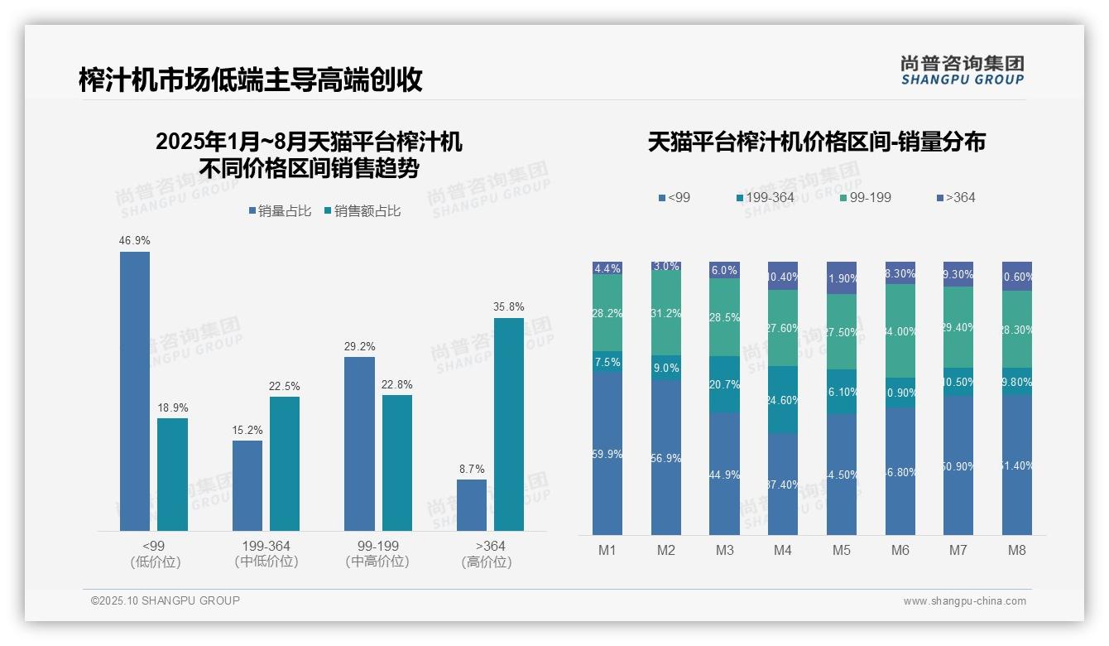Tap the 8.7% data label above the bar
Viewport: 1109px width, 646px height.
pos(472,469)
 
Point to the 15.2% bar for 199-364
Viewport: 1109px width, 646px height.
pos(247,485)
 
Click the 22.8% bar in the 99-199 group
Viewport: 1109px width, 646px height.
pos(397,462)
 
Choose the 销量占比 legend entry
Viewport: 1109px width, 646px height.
pos(280,211)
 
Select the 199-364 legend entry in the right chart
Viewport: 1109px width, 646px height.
pos(766,197)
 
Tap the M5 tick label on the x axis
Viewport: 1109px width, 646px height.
pos(842,550)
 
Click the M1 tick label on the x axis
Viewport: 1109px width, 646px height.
pos(607,550)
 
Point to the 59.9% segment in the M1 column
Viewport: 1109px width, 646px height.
pos(607,453)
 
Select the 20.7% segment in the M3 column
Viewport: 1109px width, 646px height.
pos(725,384)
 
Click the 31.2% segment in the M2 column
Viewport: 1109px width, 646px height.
pos(666,313)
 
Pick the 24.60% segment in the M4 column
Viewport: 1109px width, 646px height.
pos(783,399)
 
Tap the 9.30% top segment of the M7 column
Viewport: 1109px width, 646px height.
pos(958,274)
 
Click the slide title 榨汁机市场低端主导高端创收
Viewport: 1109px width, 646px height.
pos(250,80)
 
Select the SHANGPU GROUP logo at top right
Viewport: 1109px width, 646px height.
pos(962,70)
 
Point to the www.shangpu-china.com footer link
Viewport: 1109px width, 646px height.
pos(964,601)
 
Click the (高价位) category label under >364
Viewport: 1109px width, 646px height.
pos(487,562)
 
